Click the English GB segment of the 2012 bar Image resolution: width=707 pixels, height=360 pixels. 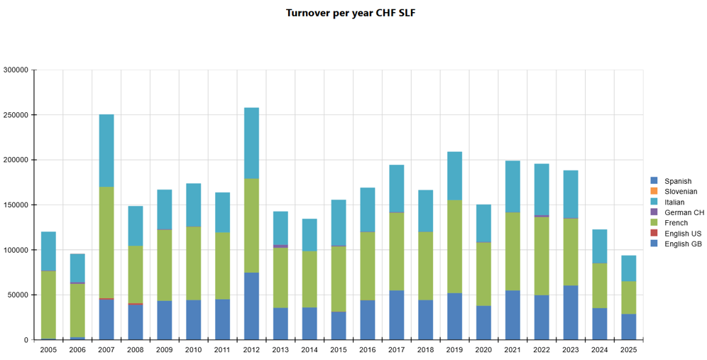click(x=251, y=306)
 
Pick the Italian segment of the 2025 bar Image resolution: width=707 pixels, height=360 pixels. click(x=628, y=268)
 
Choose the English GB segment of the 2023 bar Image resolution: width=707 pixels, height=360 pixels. click(x=571, y=312)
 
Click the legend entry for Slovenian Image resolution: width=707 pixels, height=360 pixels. click(x=681, y=192)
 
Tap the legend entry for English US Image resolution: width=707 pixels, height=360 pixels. click(x=682, y=234)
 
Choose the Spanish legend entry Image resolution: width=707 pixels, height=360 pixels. click(x=678, y=181)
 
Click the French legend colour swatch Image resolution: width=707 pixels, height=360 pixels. click(x=654, y=223)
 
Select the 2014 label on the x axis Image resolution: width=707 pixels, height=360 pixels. click(x=309, y=349)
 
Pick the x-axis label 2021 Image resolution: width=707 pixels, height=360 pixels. click(x=513, y=349)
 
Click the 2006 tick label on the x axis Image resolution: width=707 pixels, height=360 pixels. click(x=77, y=349)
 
